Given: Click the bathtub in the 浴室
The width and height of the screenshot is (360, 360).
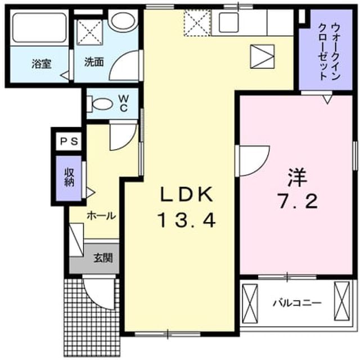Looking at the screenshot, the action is (x=39, y=28).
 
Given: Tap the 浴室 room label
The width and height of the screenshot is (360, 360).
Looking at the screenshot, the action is (x=41, y=64).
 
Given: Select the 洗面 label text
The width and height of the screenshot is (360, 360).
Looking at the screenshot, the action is (x=94, y=62).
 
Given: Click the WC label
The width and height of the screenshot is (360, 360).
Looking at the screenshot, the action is (x=124, y=103).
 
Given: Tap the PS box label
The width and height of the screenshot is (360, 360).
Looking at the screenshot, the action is (x=69, y=141).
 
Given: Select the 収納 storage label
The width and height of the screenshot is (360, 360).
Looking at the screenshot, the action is (x=69, y=178).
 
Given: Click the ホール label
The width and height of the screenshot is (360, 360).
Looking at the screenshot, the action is (x=101, y=216).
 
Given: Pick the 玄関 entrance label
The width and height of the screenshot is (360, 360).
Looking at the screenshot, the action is (x=103, y=258).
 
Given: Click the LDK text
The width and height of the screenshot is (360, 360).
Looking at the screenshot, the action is (x=186, y=194).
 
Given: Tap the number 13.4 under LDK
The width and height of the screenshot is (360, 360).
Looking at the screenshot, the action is (x=186, y=220).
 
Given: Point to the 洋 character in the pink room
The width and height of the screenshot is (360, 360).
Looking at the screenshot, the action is (x=298, y=178).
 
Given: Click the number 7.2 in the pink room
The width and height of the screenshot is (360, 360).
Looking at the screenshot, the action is (x=298, y=201).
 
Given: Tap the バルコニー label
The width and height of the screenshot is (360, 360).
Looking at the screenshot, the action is (x=297, y=304).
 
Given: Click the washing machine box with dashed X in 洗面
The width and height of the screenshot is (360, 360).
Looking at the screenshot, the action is (x=89, y=32).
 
